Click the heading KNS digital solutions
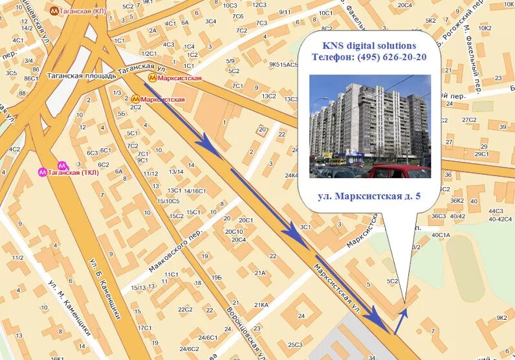[x=369, y=45]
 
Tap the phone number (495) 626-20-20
[x=369, y=57]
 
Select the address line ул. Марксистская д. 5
[x=369, y=195]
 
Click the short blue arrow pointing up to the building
[x=401, y=319]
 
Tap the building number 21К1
[x=261, y=305]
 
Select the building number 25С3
[x=295, y=344]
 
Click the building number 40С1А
[x=441, y=234]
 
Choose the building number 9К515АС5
[x=285, y=64]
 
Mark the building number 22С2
[x=186, y=309]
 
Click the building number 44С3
[x=496, y=211]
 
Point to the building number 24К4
[x=292, y=175]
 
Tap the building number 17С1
[x=144, y=328]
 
